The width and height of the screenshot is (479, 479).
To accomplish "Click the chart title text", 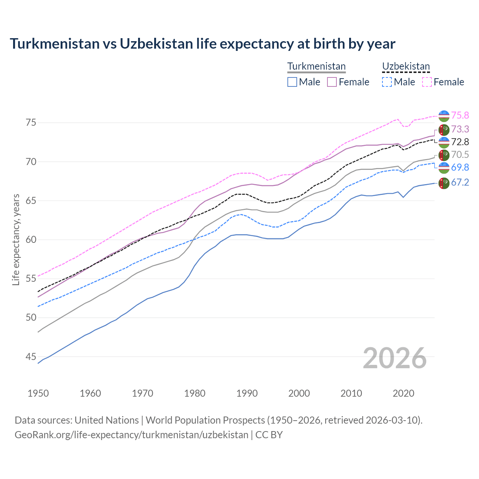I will [202, 44].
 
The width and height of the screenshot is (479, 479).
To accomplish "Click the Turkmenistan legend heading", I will [316, 66].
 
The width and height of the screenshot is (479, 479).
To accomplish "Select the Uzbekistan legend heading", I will [406, 66].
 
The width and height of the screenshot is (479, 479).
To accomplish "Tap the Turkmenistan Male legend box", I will [292, 82].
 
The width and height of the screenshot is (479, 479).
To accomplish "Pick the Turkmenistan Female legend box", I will [332, 82].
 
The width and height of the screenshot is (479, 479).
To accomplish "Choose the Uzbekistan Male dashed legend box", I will [387, 82].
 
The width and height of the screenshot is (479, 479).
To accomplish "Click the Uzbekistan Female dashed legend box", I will [427, 82].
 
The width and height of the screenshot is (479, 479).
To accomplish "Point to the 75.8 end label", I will [460, 115].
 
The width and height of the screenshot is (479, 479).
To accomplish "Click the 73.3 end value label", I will [460, 129].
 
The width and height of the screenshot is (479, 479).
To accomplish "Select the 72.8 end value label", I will [460, 142].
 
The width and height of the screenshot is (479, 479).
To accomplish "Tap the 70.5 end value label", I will [460, 155].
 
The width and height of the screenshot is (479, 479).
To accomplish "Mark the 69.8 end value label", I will [460, 167].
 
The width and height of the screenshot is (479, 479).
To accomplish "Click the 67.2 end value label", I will [460, 182].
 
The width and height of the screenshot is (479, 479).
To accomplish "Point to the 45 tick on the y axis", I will [31, 357].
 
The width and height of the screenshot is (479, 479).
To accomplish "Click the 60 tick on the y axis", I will [31, 239].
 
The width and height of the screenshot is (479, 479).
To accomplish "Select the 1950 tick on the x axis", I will [38, 393].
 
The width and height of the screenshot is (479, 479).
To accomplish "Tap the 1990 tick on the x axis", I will [247, 393].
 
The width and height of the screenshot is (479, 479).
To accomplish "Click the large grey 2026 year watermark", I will [394, 358].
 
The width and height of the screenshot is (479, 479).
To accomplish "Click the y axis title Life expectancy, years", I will [16, 239].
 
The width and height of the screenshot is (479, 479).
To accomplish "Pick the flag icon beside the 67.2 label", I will [444, 183].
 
